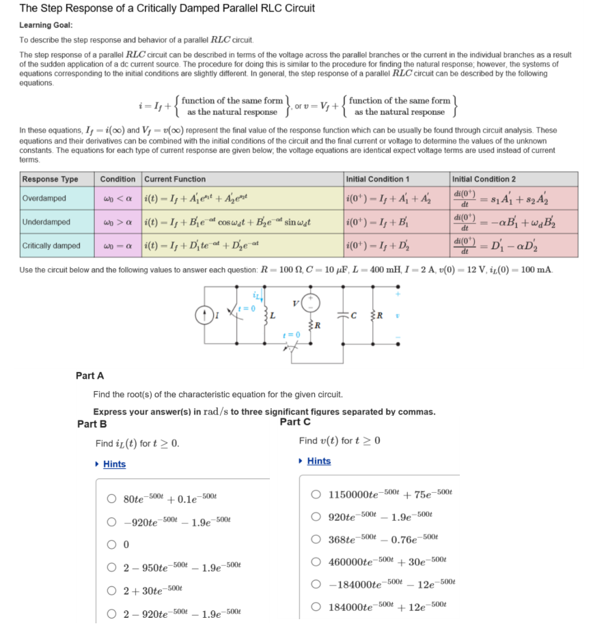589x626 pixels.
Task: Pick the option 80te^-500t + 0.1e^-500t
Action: pos(111,498)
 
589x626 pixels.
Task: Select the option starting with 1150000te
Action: pos(316,494)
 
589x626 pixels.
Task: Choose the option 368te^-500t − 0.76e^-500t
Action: pos(316,540)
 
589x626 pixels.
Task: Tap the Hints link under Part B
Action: pos(114,464)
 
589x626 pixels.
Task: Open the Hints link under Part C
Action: pos(318,461)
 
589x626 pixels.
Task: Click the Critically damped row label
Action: pos(51,246)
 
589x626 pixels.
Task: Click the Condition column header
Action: pos(118,179)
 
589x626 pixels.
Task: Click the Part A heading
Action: pos(90,375)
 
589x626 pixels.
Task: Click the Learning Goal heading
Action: pos(46,25)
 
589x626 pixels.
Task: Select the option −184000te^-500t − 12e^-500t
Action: pos(316,584)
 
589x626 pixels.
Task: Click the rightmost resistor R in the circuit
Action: pos(374,315)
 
